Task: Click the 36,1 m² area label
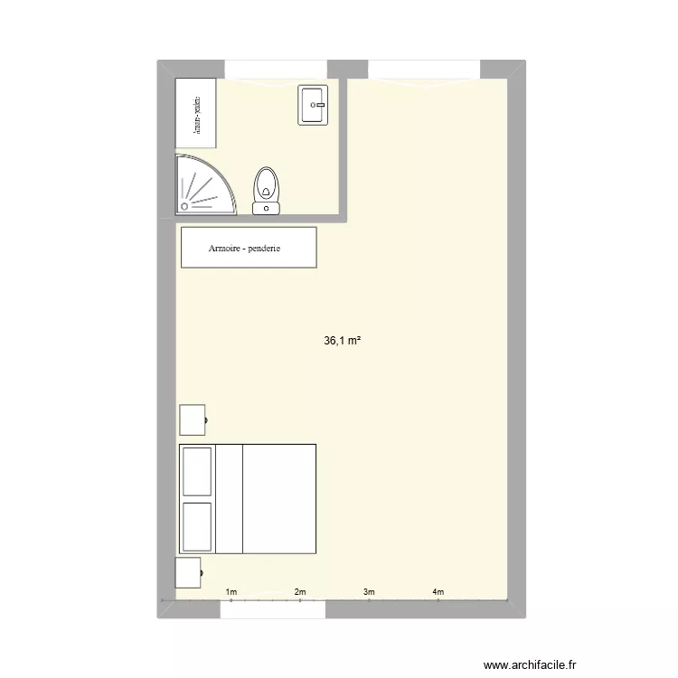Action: coord(343,341)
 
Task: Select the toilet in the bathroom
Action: coord(266,187)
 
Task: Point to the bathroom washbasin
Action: coord(312,105)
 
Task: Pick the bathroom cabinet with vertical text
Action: coord(196,113)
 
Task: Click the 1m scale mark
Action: coord(231,592)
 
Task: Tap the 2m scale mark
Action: coord(300,592)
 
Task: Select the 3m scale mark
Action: coord(369,592)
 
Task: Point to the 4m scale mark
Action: coord(438,592)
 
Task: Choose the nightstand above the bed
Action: coord(192,420)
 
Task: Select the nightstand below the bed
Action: coord(188,573)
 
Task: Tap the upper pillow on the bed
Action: coord(197,470)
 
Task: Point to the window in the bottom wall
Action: coord(273,609)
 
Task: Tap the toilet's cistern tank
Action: coord(266,209)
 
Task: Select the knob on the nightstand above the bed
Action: coord(208,420)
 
